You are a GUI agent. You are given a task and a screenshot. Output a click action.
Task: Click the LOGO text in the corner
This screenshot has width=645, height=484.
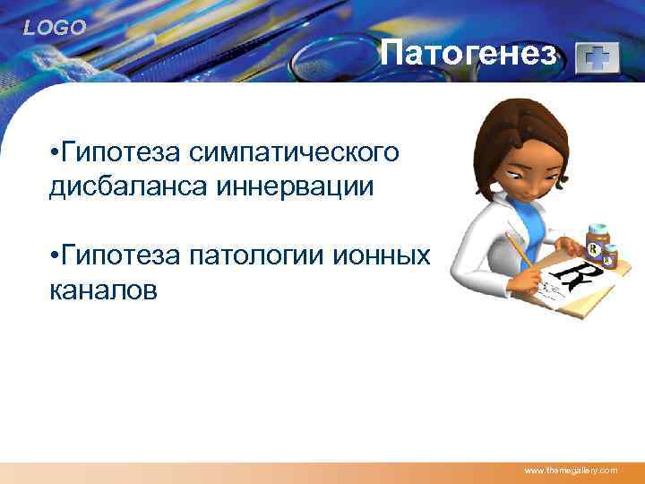click(55, 29)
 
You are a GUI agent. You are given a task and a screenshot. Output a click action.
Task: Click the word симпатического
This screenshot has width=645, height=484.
click(294, 153)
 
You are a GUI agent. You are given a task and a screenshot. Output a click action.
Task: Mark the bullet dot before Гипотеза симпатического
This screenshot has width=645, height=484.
click(55, 154)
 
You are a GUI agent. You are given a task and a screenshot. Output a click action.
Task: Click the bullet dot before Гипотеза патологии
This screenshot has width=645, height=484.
click(55, 258)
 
